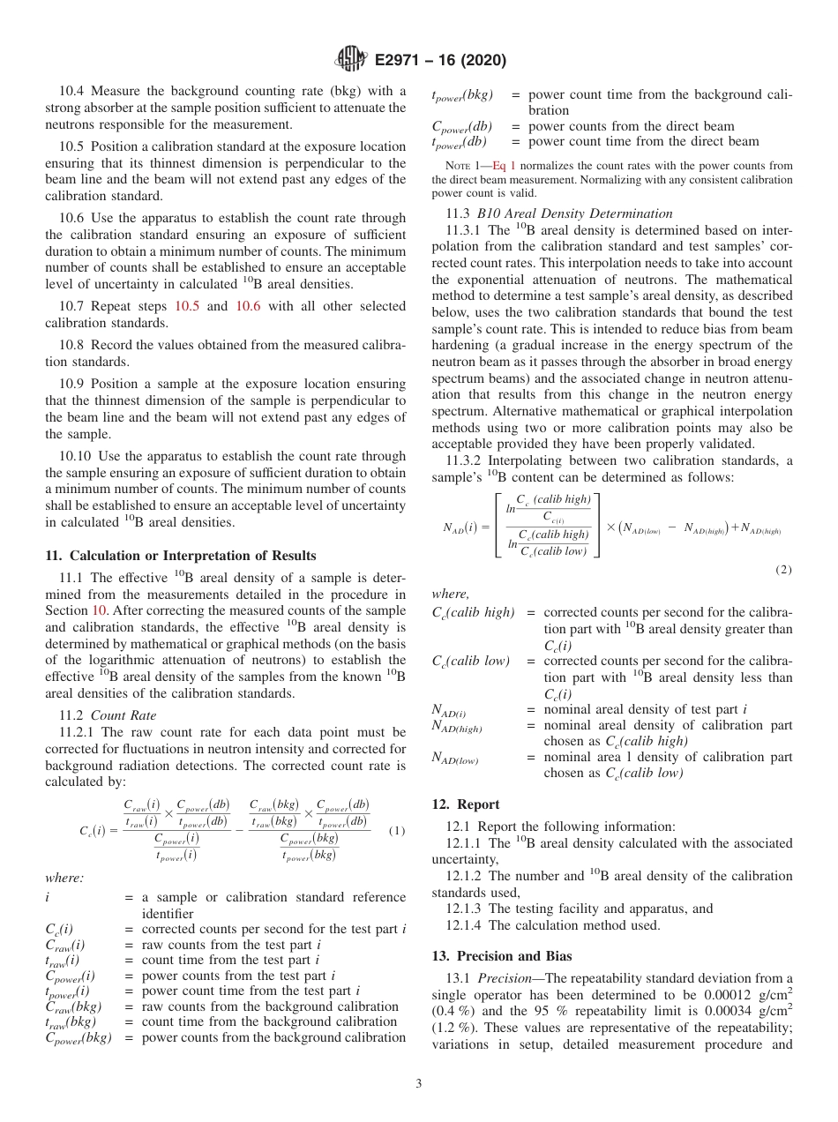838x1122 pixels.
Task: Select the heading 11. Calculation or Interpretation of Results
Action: [x=180, y=555]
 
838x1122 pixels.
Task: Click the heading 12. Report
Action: [x=466, y=804]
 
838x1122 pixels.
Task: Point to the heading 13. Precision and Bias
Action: [x=502, y=955]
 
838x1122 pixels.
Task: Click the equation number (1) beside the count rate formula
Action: [x=397, y=831]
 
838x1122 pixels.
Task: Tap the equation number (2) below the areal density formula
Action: [x=783, y=570]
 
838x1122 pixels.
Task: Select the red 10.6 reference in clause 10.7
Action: [x=246, y=306]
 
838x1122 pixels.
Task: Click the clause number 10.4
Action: [x=73, y=91]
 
